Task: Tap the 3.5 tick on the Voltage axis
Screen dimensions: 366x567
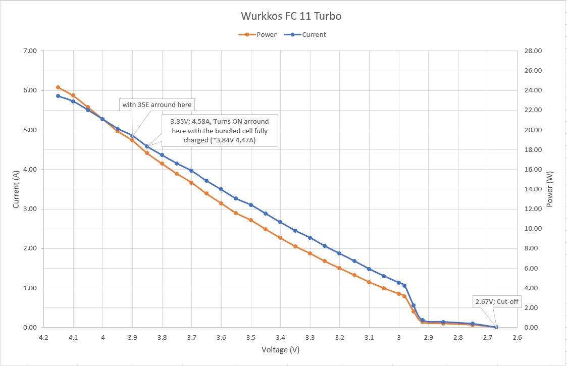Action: click(x=251, y=338)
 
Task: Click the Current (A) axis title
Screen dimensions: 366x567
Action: click(x=16, y=189)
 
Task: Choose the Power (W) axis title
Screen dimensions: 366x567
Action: click(x=550, y=189)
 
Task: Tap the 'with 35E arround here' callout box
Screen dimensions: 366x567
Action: click(x=157, y=105)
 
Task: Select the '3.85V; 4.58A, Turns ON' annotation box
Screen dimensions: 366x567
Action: click(x=220, y=131)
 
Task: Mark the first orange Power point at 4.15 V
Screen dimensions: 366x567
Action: click(x=58, y=87)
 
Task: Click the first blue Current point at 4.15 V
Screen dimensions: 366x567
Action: click(x=58, y=96)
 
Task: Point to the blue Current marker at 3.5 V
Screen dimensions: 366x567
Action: click(x=251, y=205)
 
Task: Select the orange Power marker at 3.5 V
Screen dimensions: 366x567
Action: click(x=251, y=220)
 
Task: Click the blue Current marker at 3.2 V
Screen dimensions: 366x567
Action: click(x=339, y=253)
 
